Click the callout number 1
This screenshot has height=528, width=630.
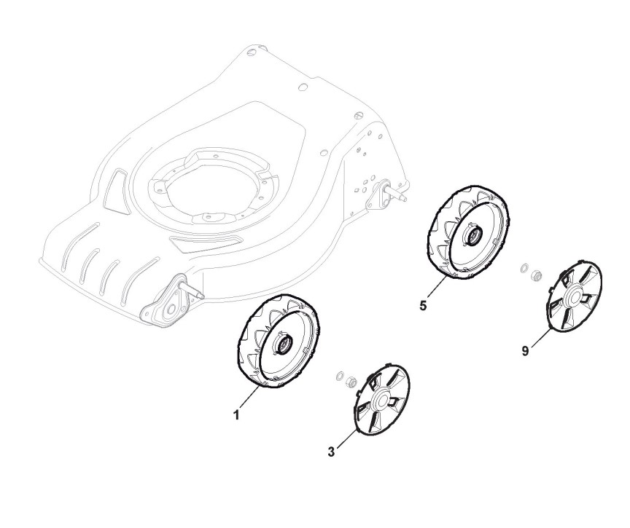[236, 416]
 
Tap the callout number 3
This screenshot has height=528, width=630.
[331, 452]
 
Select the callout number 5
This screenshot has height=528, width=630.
[423, 305]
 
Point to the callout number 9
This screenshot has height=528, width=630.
[525, 350]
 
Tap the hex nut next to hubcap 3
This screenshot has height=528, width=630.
[351, 381]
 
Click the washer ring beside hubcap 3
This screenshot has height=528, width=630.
[339, 376]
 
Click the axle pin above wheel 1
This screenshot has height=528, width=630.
[195, 289]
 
